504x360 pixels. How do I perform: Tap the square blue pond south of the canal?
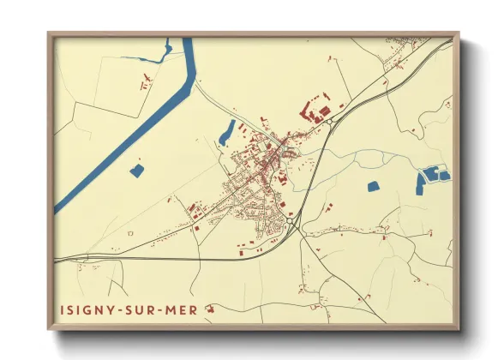(x=136, y=171)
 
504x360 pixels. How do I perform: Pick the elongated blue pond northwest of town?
(x=227, y=132)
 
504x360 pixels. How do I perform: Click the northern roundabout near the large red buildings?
(x=328, y=122)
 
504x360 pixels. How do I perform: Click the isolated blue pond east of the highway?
(x=373, y=186)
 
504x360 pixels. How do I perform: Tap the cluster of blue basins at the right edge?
(x=432, y=177)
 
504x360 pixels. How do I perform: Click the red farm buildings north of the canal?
(x=145, y=83)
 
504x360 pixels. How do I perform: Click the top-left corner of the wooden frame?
(x=50, y=34)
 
